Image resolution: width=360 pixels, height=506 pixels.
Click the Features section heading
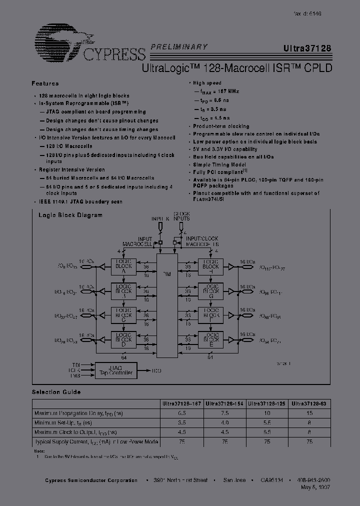tap(45, 83)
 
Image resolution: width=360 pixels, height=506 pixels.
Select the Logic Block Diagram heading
tap(70, 215)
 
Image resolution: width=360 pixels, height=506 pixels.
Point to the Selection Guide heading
tap(56, 392)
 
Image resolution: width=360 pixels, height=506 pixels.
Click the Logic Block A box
tap(123, 266)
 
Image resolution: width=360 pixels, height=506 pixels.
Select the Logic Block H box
tap(210, 266)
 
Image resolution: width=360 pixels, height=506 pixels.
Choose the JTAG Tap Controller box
tap(115, 370)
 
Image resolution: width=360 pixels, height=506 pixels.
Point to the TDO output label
tap(156, 370)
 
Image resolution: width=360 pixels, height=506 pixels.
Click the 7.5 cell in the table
tap(225, 413)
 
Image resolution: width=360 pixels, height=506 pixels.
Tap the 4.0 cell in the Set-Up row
tap(225, 423)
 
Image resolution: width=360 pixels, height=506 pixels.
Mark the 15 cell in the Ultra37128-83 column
tap(309, 413)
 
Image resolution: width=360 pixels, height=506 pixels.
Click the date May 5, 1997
tap(316, 487)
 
